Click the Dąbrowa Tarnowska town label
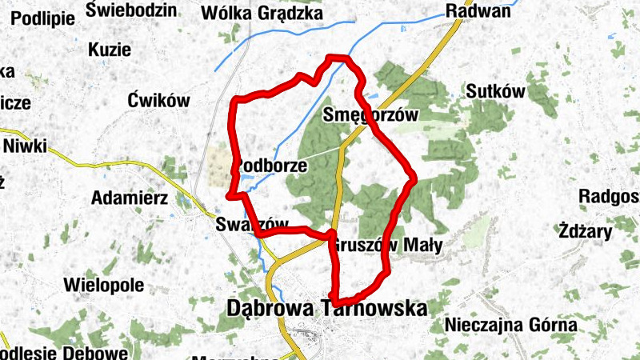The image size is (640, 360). tap(326, 308)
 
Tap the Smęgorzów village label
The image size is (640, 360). tap(370, 115)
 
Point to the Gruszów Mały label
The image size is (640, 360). tap(386, 246)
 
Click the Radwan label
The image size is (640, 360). tap(477, 11)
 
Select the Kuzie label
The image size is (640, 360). tap(110, 50)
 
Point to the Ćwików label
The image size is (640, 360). tap(158, 101)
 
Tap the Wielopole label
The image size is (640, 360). tap(103, 284)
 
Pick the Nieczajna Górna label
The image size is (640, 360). tap(510, 325)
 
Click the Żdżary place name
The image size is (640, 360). tap(586, 233)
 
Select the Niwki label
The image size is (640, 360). tap(26, 146)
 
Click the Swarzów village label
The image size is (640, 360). tap(250, 226)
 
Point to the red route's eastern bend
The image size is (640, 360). tap(413, 177)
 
